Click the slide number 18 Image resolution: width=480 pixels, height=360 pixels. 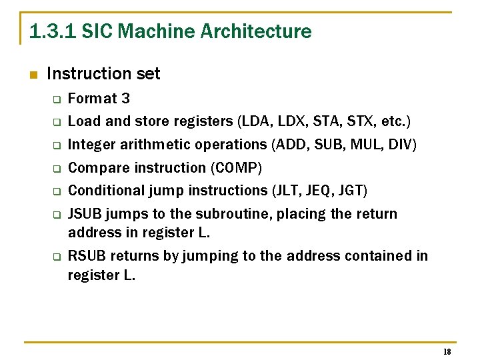point(447,352)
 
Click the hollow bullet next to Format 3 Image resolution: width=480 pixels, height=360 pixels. point(57,100)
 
